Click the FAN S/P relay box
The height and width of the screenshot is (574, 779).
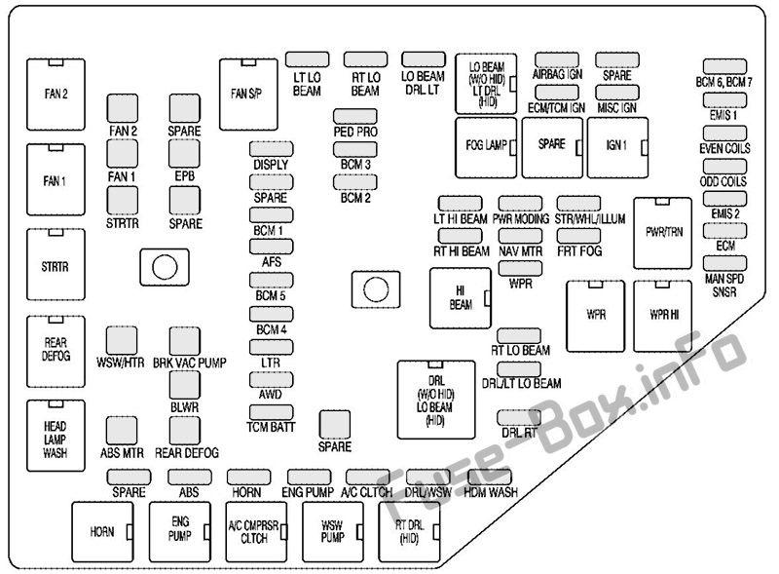click(x=248, y=95)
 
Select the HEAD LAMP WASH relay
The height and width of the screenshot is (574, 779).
click(x=56, y=436)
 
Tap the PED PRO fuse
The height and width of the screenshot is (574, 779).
click(x=354, y=116)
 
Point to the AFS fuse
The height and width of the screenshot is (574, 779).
click(x=272, y=247)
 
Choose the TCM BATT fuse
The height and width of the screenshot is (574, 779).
click(x=272, y=412)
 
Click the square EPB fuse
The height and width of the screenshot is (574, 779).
click(x=184, y=154)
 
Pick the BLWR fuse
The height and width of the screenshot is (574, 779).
click(x=184, y=385)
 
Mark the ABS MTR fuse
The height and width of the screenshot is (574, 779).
click(x=122, y=431)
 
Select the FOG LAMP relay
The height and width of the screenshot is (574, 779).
click(x=486, y=148)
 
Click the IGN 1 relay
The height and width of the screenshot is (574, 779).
click(x=617, y=148)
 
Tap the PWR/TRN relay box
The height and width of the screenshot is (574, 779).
click(x=662, y=233)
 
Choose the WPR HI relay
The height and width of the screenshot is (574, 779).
click(x=662, y=317)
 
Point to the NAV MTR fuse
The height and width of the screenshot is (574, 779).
click(x=520, y=236)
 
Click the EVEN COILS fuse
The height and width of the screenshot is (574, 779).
click(x=724, y=134)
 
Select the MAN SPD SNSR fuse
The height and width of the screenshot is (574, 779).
click(x=724, y=263)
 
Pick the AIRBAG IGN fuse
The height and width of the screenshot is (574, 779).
click(x=557, y=59)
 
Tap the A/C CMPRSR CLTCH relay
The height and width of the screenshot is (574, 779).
click(x=256, y=532)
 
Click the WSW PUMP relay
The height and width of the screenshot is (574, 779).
click(x=333, y=532)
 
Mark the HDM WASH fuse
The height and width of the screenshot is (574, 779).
click(x=490, y=477)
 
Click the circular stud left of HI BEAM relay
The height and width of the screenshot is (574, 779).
click(x=376, y=289)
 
